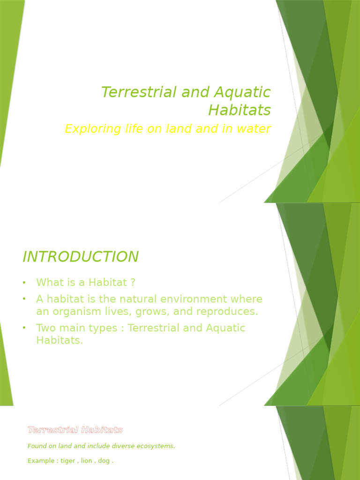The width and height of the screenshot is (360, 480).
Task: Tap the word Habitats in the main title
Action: click(239, 110)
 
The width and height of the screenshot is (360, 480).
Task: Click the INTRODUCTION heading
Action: click(81, 257)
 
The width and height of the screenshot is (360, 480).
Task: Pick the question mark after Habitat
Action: click(133, 283)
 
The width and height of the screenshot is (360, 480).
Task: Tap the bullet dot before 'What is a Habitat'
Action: click(24, 283)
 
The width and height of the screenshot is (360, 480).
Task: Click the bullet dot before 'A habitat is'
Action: click(24, 299)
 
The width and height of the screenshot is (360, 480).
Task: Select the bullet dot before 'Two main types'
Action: click(24, 328)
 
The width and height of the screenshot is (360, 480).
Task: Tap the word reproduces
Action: click(230, 311)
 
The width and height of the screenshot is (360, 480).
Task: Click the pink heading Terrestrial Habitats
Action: click(75, 430)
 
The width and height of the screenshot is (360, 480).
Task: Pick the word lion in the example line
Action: click(87, 461)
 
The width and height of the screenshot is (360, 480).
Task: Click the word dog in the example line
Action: click(105, 461)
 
